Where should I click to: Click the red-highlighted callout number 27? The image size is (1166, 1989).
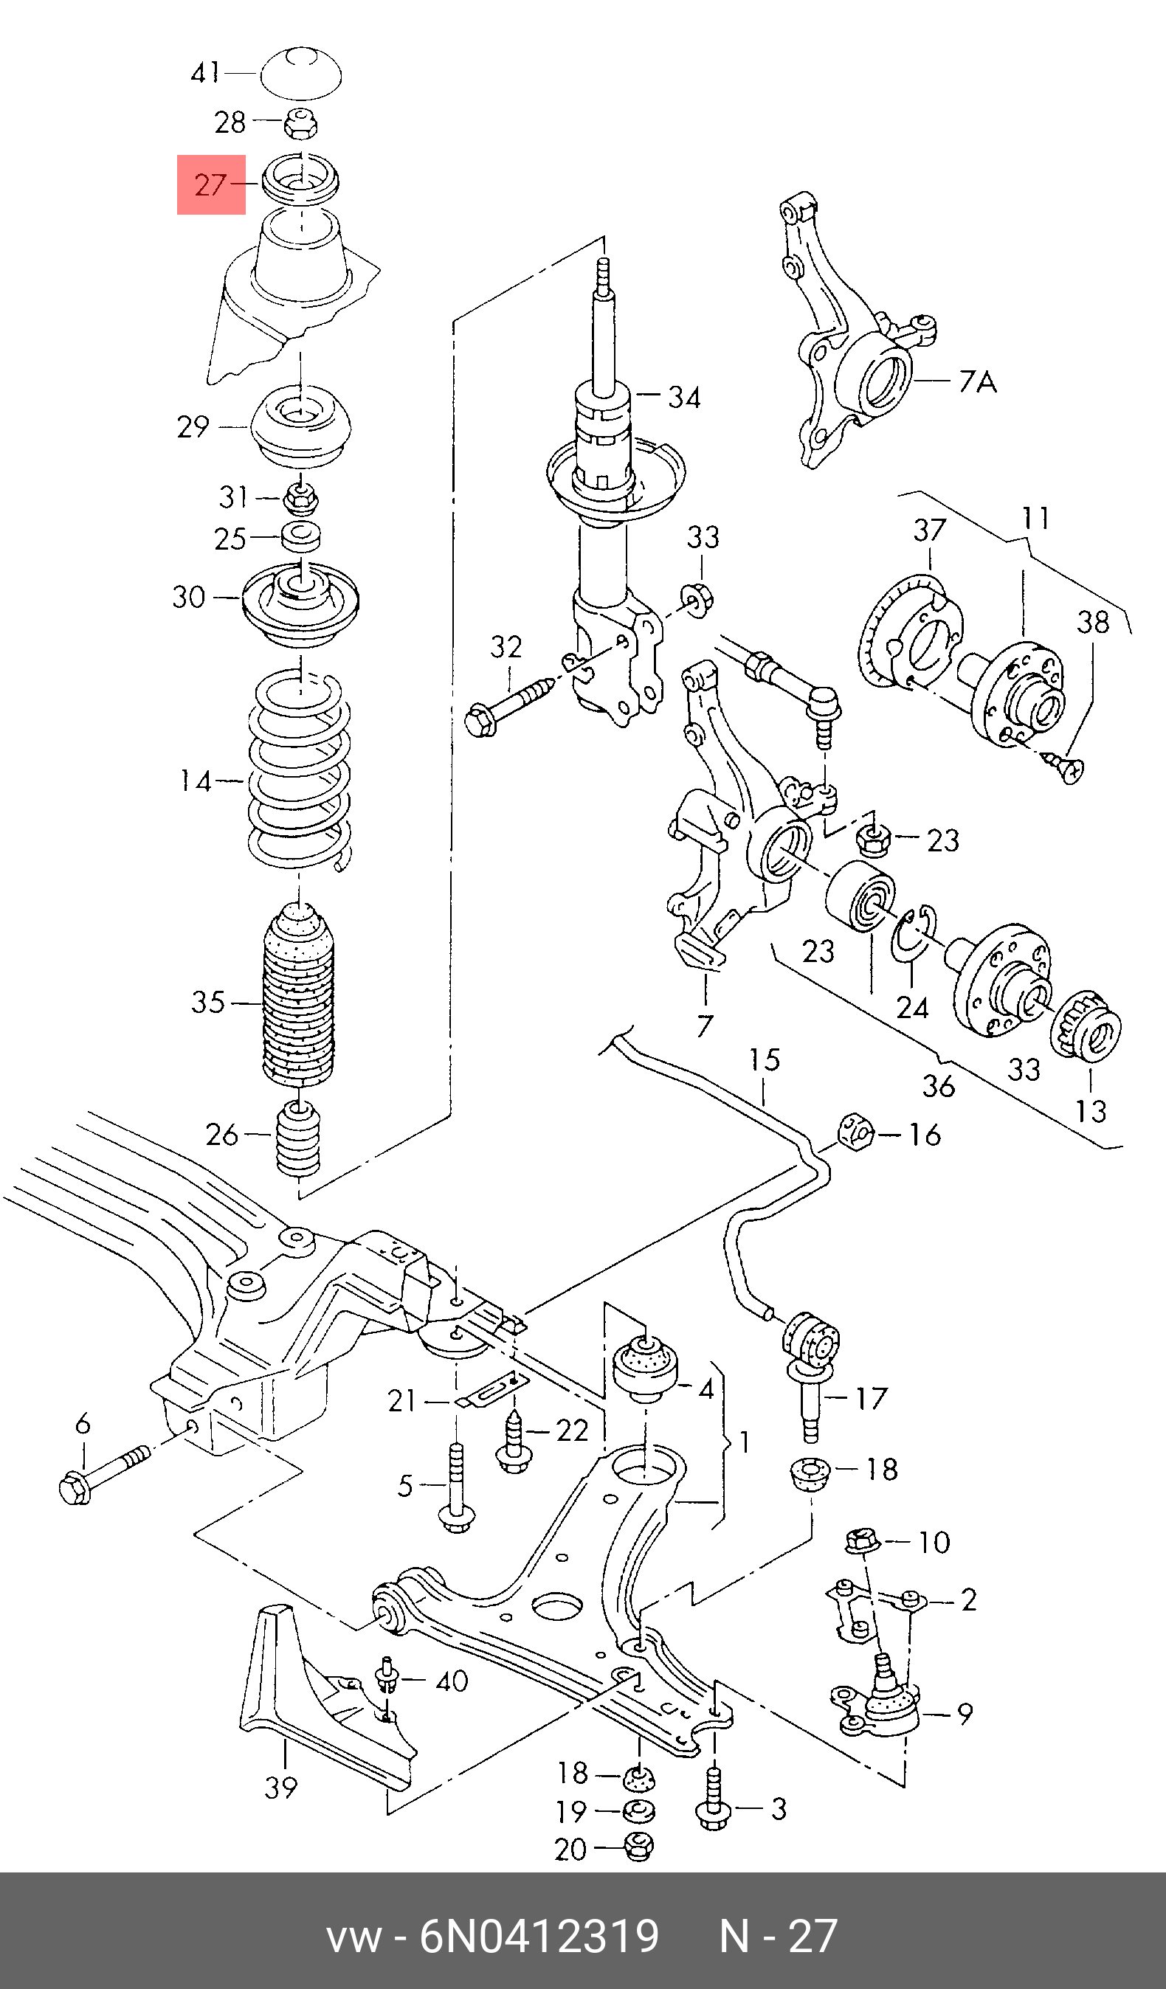pos(210,185)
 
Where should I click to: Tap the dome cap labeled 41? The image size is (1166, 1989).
pos(301,72)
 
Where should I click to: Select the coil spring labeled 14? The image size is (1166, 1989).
pos(300,769)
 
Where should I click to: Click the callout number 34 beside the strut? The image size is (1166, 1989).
pos(684,397)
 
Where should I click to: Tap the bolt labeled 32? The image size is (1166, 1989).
pos(512,705)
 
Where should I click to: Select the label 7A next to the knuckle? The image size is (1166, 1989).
pos(978,382)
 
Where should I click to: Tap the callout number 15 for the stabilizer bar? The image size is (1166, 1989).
pos(765,1059)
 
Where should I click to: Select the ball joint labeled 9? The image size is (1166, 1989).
pos(876,1704)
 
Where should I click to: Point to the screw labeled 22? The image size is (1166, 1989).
pos(512,1444)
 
